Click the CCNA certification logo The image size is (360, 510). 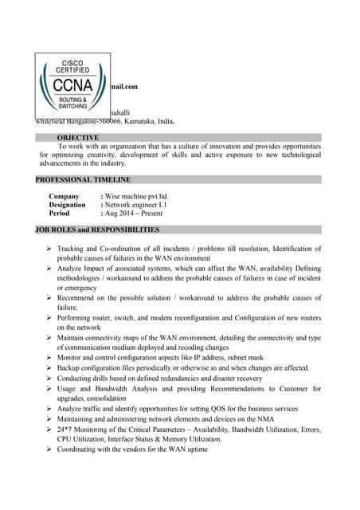72,85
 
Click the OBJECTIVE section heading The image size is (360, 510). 78,138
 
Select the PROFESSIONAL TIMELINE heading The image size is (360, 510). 83,180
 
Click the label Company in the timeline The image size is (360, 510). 64,196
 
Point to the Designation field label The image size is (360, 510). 67,205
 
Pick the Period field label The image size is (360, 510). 59,214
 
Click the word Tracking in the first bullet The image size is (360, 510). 74,250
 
